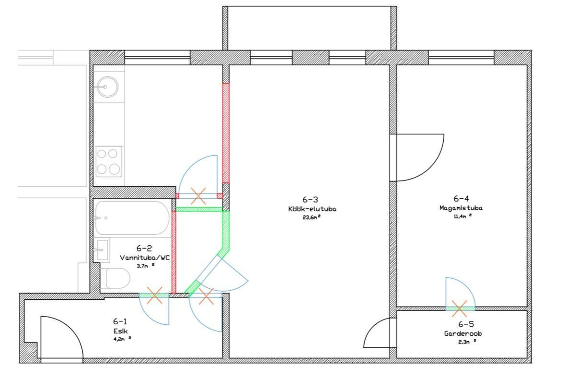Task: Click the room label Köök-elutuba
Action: pos(312,209)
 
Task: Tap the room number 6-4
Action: pos(461,198)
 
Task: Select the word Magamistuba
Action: pos(461,208)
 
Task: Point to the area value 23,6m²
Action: pos(312,217)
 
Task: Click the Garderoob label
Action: pos(463,333)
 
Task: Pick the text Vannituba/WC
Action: pos(144,258)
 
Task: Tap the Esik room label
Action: pos(120,331)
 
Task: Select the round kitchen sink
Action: pos(107,87)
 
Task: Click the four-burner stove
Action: pos(108,161)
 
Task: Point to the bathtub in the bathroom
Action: pos(132,218)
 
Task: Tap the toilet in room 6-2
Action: pos(116,278)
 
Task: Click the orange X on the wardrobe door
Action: pos(459,308)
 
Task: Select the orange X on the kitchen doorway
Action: pos(198,196)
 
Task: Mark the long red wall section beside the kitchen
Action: pos(226,133)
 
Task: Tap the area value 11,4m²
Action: pos(463,217)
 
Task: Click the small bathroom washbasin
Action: pos(102,250)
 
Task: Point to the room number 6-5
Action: pos(466,324)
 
